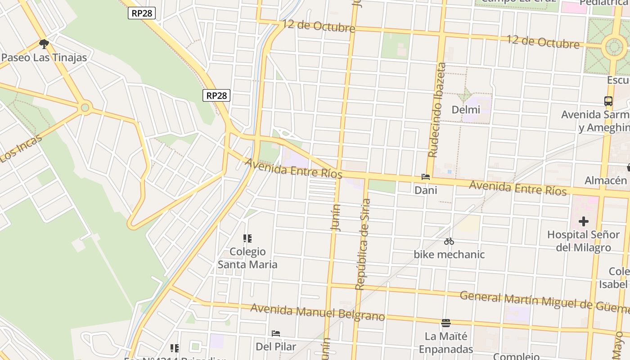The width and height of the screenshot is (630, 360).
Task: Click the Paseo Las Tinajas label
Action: [x=44, y=58]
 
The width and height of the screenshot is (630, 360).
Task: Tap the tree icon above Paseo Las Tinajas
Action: [x=44, y=44]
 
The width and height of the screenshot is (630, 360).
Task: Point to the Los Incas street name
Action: [x=21, y=148]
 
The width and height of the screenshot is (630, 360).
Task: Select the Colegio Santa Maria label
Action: [x=247, y=258]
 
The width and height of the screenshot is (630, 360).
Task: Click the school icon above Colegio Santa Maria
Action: [x=247, y=238]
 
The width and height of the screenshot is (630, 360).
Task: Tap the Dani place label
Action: [x=426, y=190]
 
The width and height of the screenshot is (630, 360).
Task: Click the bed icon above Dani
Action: [x=426, y=177]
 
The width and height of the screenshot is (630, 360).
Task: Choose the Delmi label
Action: [x=466, y=110]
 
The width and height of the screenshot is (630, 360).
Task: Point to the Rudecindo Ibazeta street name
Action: [x=436, y=110]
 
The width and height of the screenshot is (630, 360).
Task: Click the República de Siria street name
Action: [x=363, y=244]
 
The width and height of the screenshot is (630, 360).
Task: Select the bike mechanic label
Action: [x=449, y=255]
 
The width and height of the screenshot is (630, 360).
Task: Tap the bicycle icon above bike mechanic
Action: [x=449, y=242]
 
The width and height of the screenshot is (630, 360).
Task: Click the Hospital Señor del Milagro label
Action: [x=583, y=241]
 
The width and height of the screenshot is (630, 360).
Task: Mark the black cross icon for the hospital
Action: [x=584, y=221]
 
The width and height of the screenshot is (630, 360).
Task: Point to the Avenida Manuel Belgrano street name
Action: [x=317, y=312]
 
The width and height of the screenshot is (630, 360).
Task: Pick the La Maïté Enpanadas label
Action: [x=446, y=342]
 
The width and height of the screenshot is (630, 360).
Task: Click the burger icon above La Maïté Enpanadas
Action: [x=446, y=323]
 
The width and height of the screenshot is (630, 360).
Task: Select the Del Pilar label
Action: [x=276, y=346]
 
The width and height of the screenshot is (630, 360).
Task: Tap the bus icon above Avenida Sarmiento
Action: [x=608, y=101]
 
